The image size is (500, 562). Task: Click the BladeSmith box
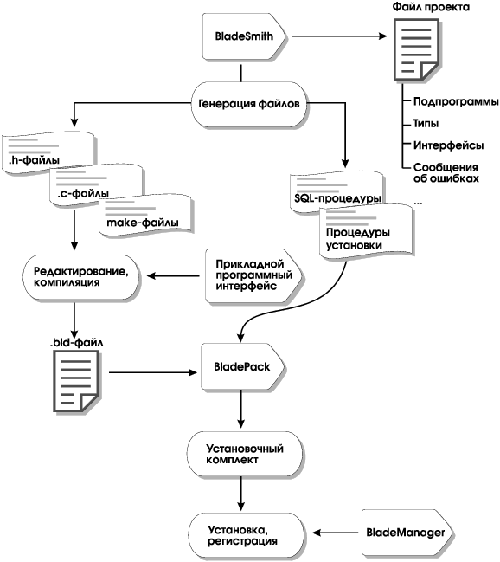pos(244,36)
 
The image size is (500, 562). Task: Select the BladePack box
pos(242,366)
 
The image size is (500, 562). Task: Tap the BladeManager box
pos(407,533)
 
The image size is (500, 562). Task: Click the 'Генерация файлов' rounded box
pos(249,104)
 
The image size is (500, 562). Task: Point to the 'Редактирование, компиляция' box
pos(81,277)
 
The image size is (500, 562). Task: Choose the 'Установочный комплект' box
pos(245,454)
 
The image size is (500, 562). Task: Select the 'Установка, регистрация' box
pos(247,535)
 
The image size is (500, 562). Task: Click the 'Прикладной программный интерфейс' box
pos(253,275)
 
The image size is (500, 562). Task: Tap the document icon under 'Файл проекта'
pos(416,49)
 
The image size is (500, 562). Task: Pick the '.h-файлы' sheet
pos(49,153)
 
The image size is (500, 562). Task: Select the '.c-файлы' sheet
pos(97,185)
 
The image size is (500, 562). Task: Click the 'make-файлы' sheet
pos(146,216)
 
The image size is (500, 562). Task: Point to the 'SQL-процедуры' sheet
pos(337,193)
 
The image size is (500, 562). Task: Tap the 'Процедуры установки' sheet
pos(366,231)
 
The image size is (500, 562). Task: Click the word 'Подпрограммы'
pos(456,102)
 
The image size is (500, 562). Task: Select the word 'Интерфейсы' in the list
pos(448,145)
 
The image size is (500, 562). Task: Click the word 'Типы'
pos(426,124)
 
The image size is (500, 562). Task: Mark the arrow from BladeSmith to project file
pos(340,36)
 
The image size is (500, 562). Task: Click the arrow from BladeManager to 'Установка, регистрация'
pos(336,533)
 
